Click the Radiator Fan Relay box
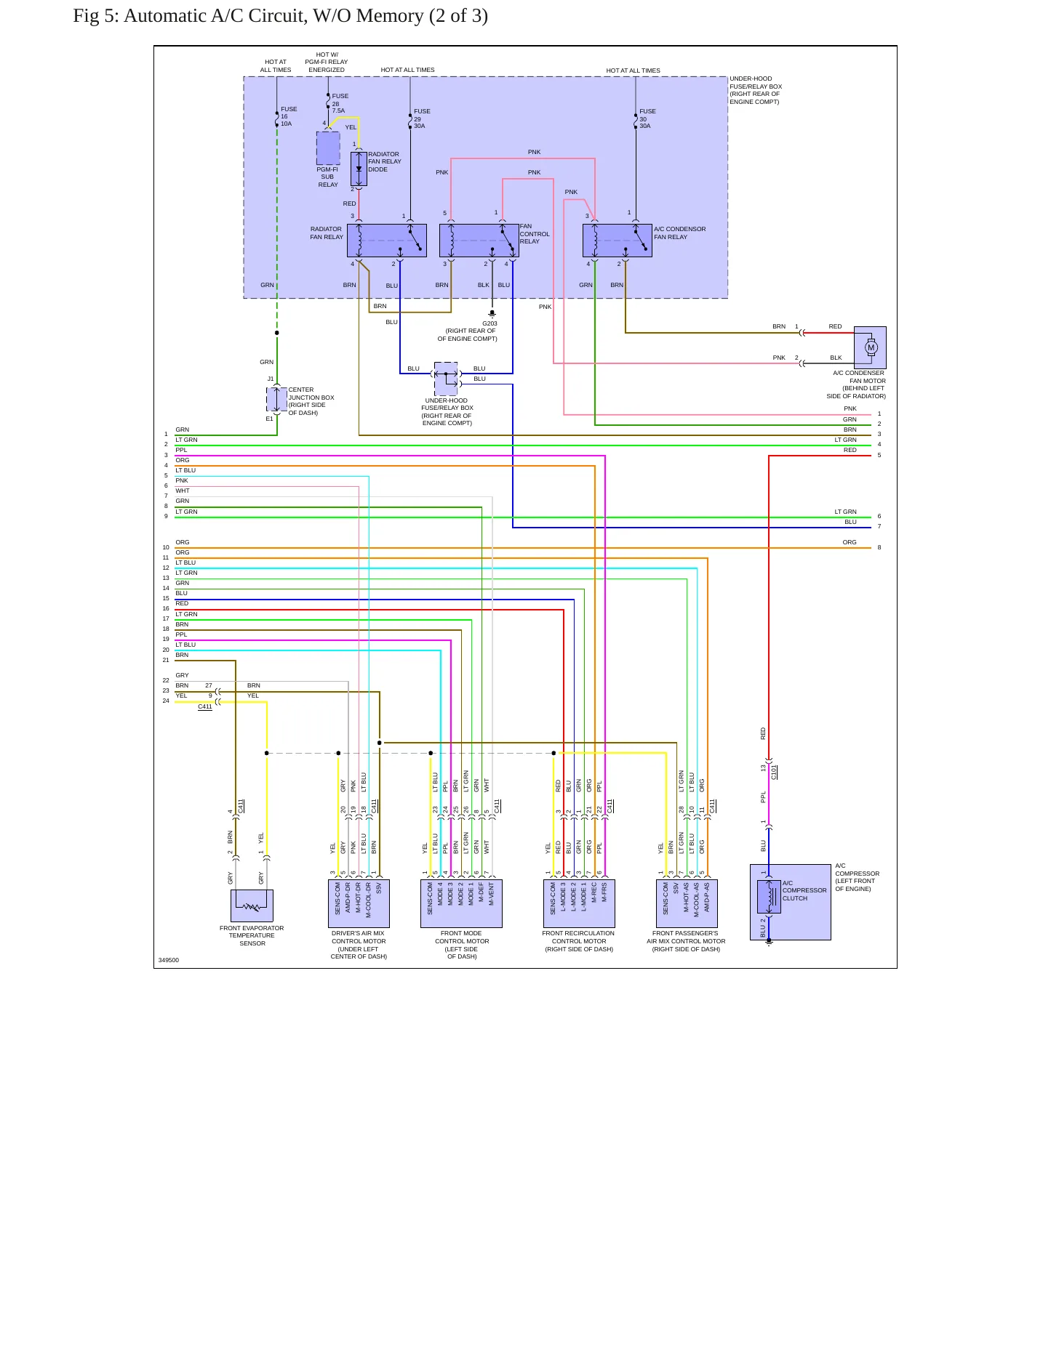387,241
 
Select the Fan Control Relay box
479,241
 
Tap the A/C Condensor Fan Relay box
618,241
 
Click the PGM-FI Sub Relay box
328,148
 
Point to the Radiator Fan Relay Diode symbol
359,169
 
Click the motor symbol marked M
871,347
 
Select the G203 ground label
489,323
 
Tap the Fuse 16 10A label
289,116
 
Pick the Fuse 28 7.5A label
340,103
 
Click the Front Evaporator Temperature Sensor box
252,906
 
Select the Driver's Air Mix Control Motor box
359,903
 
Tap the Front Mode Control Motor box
461,903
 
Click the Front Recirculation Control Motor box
580,903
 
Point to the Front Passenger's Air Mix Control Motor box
687,903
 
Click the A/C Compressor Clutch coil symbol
769,897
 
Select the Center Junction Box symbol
276,399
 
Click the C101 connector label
774,772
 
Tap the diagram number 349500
169,960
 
